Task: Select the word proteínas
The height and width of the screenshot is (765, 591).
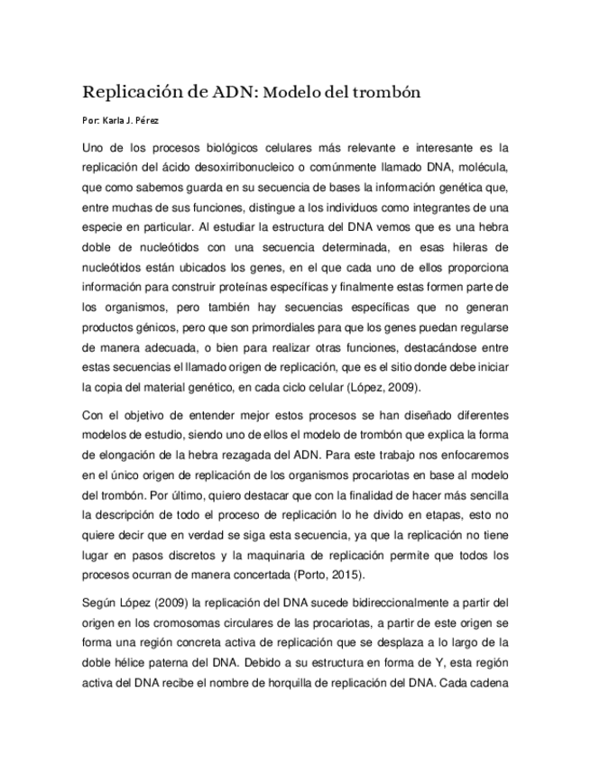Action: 258,286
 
